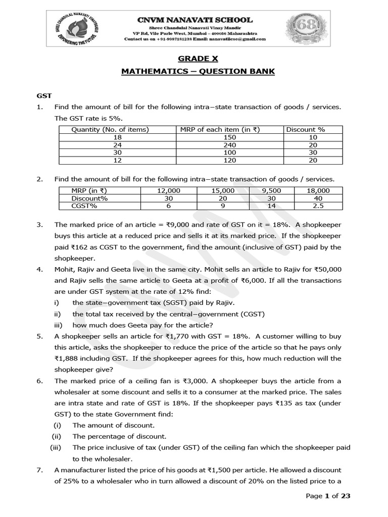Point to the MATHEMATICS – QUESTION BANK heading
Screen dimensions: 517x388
pos(198,71)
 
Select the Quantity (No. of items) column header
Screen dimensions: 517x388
pos(110,129)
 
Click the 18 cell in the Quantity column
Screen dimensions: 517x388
pos(117,137)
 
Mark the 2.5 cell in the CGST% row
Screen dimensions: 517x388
pos(318,206)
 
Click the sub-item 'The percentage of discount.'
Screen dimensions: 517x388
pos(119,436)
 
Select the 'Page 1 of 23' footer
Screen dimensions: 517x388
pos(328,496)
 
